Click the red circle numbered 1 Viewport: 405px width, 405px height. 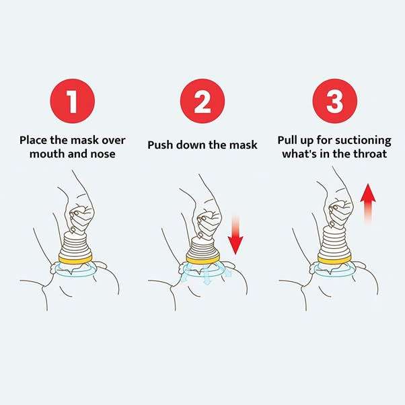pos(72,101)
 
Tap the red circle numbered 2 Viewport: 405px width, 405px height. pos(202,101)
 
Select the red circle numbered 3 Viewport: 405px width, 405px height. pos(334,101)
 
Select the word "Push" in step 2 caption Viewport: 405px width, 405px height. pos(161,145)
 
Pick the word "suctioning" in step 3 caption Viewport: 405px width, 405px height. pos(364,140)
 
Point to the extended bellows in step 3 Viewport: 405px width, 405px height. pos(334,235)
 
